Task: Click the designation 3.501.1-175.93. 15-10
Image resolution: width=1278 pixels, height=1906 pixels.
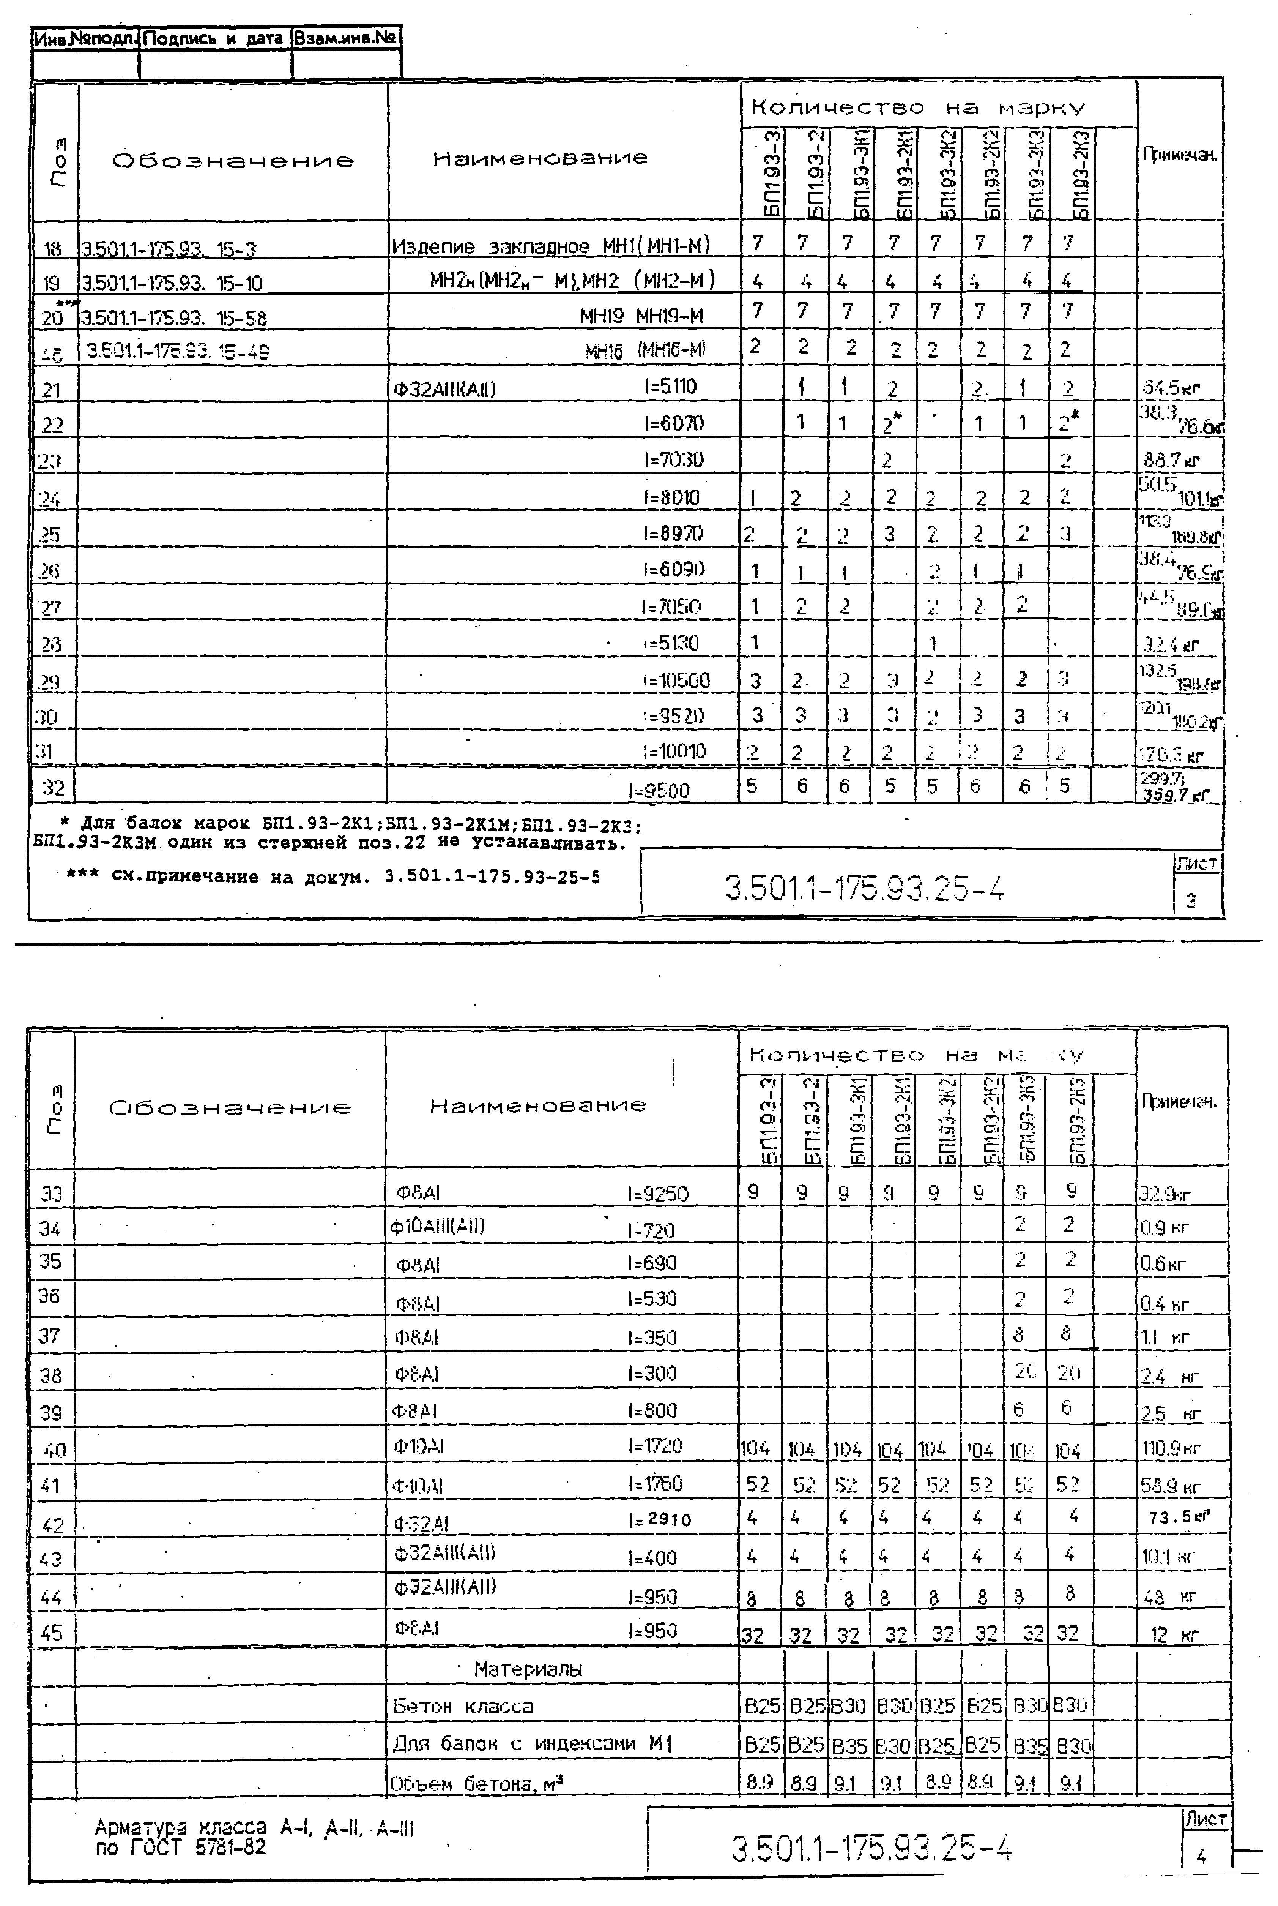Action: (x=172, y=283)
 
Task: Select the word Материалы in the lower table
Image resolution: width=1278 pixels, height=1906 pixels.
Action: (x=528, y=1669)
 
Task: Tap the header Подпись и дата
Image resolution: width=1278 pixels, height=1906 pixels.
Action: (x=214, y=38)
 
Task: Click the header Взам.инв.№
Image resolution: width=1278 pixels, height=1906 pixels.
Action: (x=345, y=38)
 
